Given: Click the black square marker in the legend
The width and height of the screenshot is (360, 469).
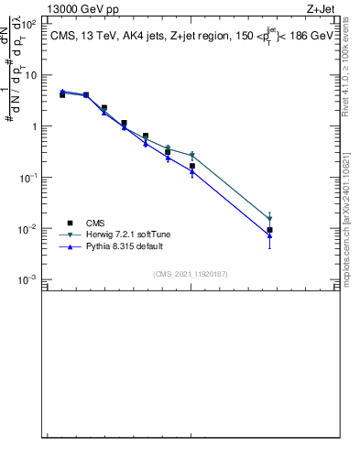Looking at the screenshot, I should pos(70,223).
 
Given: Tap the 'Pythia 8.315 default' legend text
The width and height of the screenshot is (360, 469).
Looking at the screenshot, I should pos(124,246).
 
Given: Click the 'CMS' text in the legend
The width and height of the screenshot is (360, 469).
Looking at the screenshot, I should pos(96,223).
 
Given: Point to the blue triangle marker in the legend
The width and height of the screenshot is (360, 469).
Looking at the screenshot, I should pos(70,246).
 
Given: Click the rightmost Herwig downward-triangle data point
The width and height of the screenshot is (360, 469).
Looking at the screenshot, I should pos(269,220).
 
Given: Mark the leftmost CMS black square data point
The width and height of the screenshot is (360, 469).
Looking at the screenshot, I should pos(62,94).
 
